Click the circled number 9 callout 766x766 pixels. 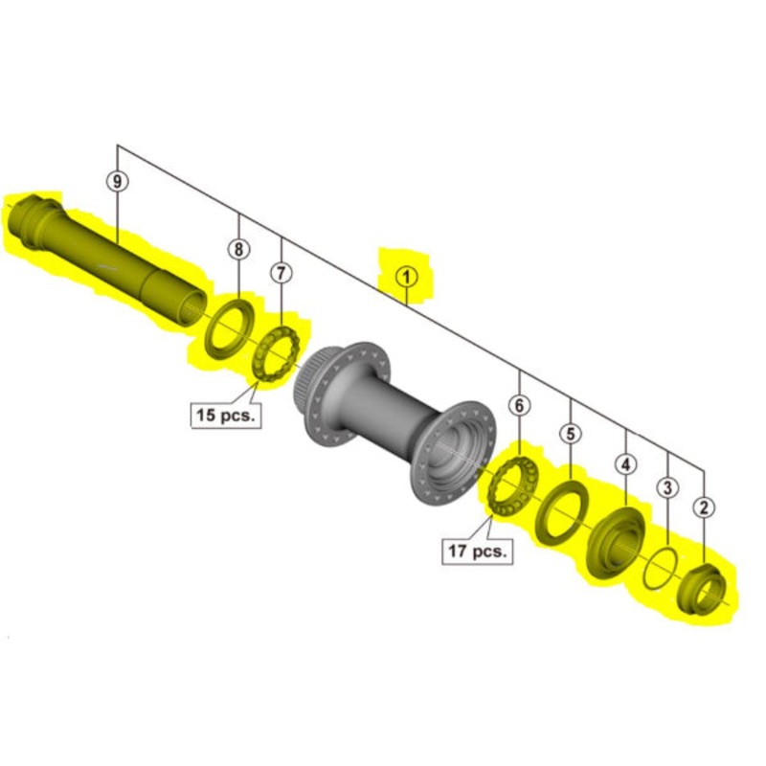[117, 180]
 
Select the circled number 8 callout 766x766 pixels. [237, 250]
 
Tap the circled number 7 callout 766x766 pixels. [280, 273]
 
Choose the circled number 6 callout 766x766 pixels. [519, 406]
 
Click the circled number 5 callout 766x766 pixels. [571, 434]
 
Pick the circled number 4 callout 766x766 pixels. [625, 465]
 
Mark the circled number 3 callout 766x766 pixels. [667, 487]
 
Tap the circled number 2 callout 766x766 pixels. [705, 507]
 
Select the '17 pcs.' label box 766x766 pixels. [476, 551]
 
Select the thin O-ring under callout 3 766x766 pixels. [659, 570]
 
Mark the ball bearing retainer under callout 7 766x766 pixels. [279, 354]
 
